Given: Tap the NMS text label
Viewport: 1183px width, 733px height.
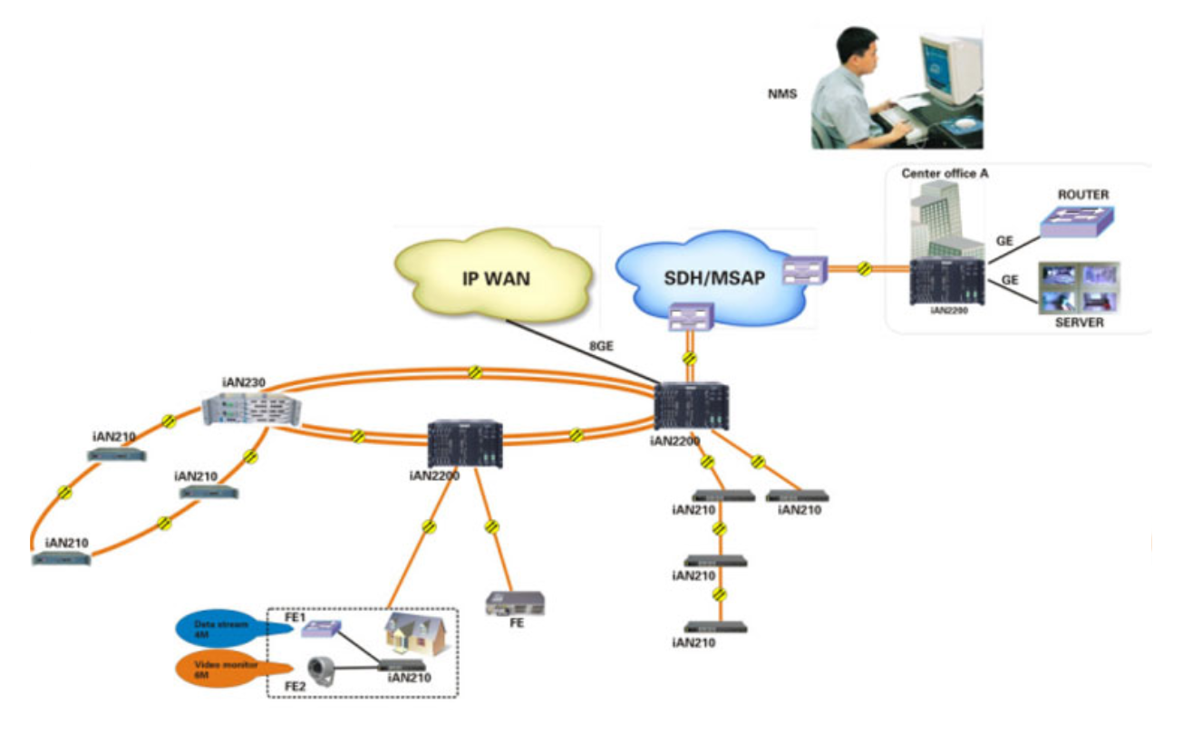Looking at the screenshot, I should coord(782,92).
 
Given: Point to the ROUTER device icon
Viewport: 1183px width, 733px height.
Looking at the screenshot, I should coord(1077,221).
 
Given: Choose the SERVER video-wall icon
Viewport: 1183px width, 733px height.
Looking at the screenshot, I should coord(1080,287).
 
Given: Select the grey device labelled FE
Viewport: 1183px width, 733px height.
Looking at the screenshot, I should coord(515,603).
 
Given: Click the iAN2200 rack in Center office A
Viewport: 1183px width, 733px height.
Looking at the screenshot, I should coord(946,282).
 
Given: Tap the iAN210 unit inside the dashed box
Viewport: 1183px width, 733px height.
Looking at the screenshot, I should coord(402,665).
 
